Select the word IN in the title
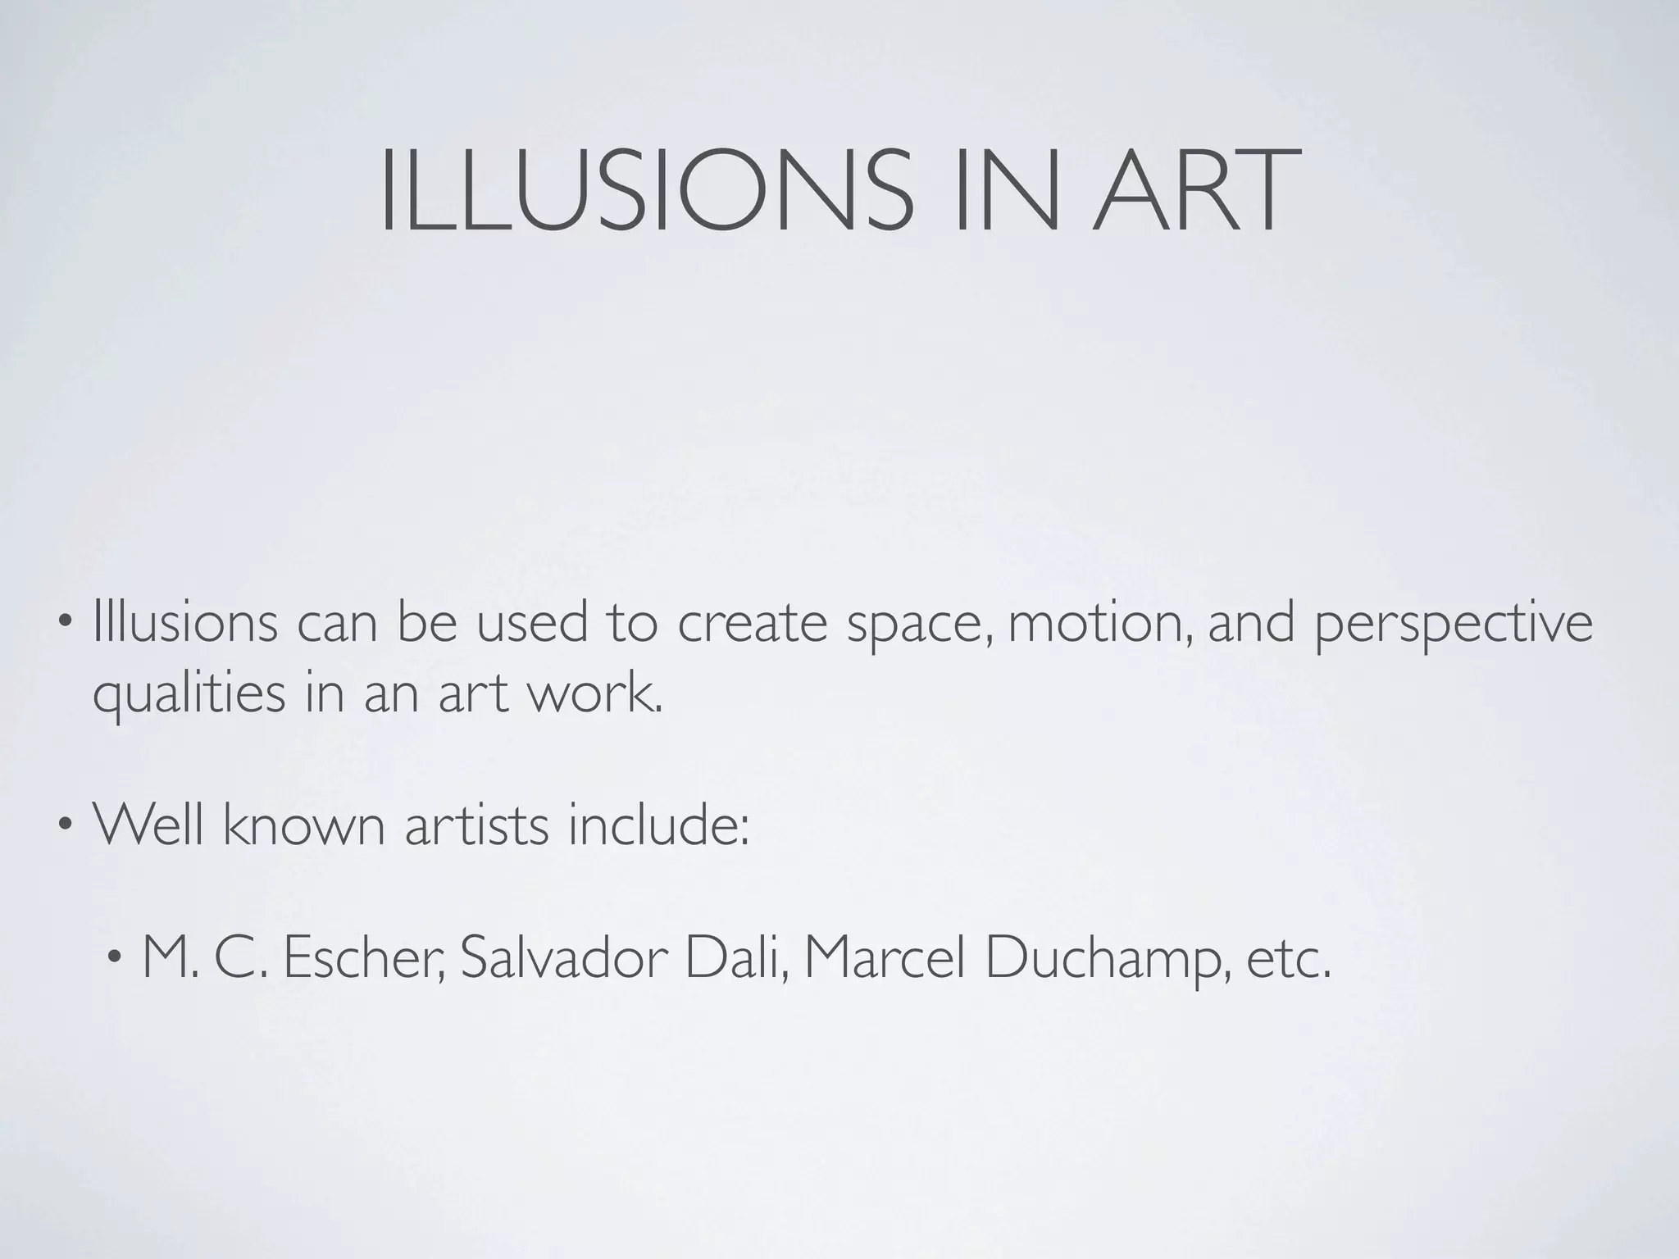(1006, 191)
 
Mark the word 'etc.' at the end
(1288, 959)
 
